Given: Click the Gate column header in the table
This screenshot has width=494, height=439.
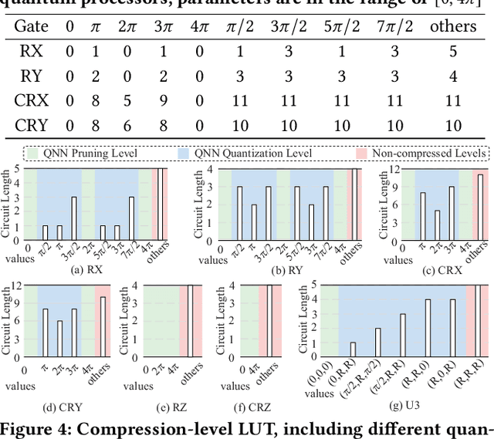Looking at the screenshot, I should pos(32,26).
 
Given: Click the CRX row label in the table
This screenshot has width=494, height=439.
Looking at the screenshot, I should pos(32,100).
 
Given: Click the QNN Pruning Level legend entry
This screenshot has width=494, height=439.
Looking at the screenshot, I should pos(85,153).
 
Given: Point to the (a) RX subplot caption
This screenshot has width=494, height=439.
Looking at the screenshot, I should pos(93,270).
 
